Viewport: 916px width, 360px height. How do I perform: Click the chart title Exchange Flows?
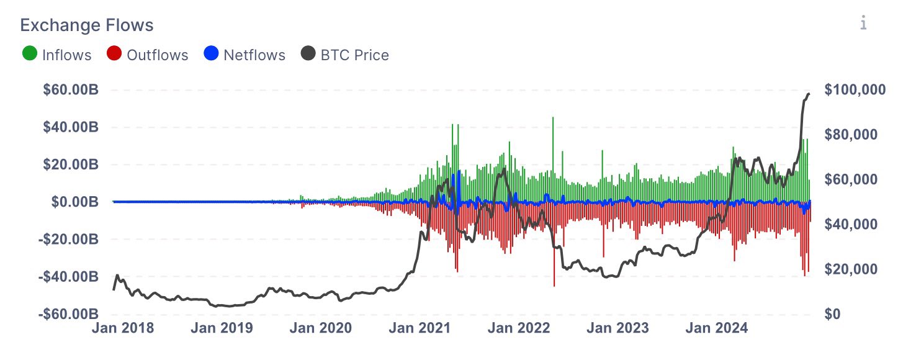click(87, 25)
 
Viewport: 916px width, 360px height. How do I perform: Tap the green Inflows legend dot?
click(29, 55)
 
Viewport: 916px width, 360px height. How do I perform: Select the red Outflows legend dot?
click(114, 55)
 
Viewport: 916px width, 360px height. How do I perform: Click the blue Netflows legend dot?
click(211, 55)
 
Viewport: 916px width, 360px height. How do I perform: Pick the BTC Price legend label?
click(354, 55)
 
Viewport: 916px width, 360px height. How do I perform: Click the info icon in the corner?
click(863, 24)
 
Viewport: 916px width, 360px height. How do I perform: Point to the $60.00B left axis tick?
click(70, 90)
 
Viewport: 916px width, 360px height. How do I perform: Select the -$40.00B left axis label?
click(68, 276)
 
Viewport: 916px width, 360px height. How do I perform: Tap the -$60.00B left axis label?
click(68, 313)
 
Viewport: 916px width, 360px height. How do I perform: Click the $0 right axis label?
click(833, 314)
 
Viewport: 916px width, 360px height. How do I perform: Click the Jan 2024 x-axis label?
click(716, 328)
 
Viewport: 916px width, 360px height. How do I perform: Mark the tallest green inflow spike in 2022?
click(552, 118)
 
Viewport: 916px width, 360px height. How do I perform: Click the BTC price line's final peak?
click(809, 94)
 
